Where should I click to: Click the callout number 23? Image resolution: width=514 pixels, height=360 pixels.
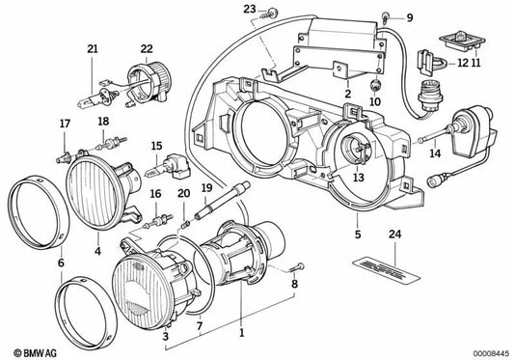(x=249, y=9)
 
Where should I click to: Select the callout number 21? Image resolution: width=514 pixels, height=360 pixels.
(x=93, y=49)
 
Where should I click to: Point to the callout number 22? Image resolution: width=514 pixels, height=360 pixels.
(x=146, y=49)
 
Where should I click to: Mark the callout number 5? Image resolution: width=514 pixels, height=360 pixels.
(x=357, y=234)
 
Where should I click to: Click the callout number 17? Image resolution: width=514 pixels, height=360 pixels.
(x=66, y=124)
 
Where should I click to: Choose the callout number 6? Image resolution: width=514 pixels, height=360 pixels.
(x=60, y=263)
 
